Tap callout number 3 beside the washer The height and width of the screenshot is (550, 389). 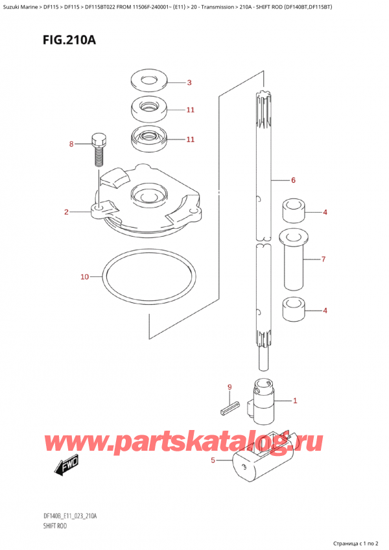189,82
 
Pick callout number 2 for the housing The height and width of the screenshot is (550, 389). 66,212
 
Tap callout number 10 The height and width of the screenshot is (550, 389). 84,277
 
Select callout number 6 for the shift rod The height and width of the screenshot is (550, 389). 293,180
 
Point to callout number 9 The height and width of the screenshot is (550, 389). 230,388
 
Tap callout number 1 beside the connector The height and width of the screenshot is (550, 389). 295,400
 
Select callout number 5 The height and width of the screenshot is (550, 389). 213,461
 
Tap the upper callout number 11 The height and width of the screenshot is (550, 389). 190,110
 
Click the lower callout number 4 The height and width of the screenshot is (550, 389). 325,311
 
